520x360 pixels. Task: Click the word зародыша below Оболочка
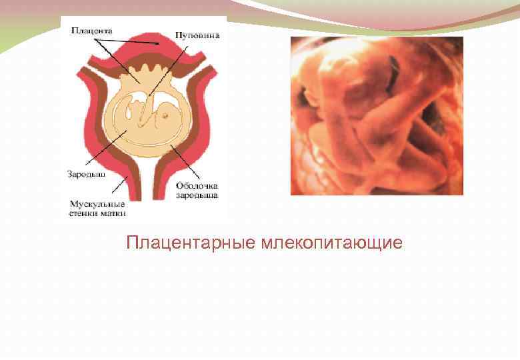click(197, 195)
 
